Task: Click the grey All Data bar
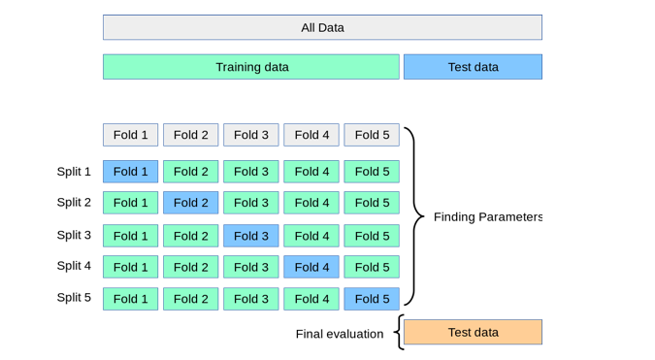(322, 27)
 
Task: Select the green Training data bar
(251, 67)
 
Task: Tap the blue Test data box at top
(473, 67)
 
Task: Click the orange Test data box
(473, 332)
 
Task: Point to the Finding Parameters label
(487, 216)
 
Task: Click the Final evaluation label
(340, 334)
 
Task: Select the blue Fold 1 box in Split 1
(130, 172)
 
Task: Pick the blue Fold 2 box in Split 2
(190, 203)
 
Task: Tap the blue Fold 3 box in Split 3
(250, 236)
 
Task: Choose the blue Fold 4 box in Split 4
(311, 267)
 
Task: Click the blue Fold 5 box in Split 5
(372, 299)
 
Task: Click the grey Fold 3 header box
(250, 135)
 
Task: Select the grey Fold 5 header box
(372, 135)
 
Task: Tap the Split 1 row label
(74, 172)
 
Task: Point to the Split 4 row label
(74, 266)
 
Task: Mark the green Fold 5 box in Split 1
(372, 172)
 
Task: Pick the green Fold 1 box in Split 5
(130, 299)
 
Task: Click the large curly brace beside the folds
(416, 215)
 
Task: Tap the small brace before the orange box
(398, 332)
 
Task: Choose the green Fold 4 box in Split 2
(311, 203)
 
